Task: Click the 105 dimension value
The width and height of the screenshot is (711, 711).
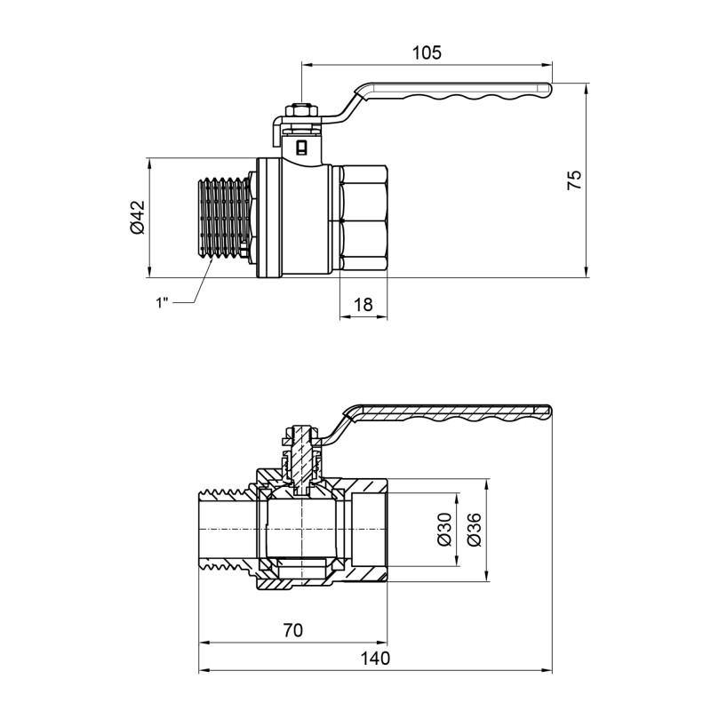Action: (x=427, y=52)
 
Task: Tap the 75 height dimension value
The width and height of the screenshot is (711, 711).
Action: (x=574, y=180)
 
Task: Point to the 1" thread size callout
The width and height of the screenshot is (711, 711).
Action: (x=162, y=303)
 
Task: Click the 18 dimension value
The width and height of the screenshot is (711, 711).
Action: (x=363, y=304)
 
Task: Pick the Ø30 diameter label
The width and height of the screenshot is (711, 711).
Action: (x=444, y=530)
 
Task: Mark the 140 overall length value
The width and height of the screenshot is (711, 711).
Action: (x=376, y=659)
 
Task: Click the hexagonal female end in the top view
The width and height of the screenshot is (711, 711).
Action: (x=363, y=219)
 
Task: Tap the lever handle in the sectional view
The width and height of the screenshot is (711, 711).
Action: (x=453, y=416)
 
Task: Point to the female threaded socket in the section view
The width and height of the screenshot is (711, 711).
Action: (x=369, y=530)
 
